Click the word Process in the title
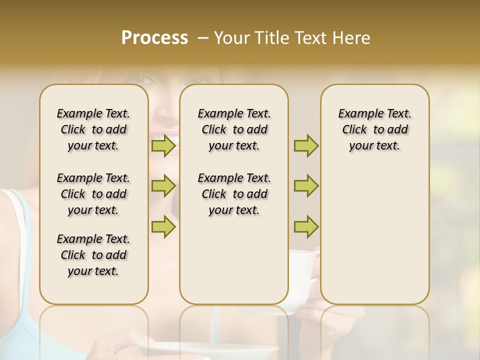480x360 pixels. [154, 38]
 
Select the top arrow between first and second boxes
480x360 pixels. [163, 146]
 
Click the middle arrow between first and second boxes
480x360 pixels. [163, 186]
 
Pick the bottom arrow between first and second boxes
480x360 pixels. [163, 226]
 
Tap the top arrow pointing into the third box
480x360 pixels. [306, 146]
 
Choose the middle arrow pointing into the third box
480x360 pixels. [306, 186]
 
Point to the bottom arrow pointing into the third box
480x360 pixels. [306, 226]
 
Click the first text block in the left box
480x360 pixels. [93, 129]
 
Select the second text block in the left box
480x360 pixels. [93, 194]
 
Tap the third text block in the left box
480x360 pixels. [93, 255]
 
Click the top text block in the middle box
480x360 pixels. [234, 129]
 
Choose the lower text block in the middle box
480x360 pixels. [234, 194]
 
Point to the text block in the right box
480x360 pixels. [375, 129]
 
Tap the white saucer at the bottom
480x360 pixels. [215, 350]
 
